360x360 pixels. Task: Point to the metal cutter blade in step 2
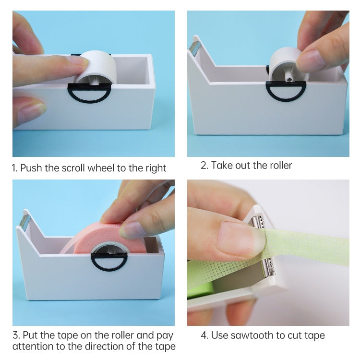(x=195, y=47)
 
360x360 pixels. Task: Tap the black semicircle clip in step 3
(x=110, y=261)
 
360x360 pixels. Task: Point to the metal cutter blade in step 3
(x=24, y=221)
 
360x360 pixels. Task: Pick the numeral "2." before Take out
(x=204, y=166)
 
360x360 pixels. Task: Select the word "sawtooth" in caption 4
(x=250, y=335)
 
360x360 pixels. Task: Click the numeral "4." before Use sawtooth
(x=204, y=335)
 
